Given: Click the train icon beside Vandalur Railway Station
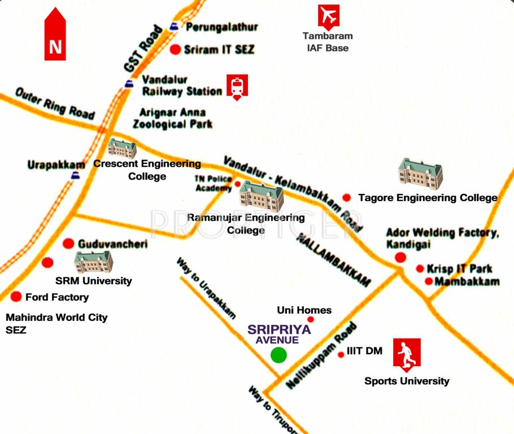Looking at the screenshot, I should (x=237, y=87).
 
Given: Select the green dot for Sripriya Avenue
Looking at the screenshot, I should (x=278, y=355).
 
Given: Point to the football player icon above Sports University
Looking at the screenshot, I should (x=406, y=355).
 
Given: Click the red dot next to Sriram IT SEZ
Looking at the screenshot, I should (x=175, y=50).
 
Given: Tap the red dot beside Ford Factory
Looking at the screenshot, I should (x=16, y=297).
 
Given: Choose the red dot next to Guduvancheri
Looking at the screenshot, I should (x=68, y=244).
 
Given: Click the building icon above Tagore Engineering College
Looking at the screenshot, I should (x=420, y=173).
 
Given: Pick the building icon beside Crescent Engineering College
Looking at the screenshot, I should (x=122, y=148).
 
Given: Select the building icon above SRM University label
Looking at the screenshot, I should (x=94, y=262).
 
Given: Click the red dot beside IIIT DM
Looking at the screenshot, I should (x=341, y=355).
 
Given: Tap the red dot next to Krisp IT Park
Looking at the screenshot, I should (x=420, y=269).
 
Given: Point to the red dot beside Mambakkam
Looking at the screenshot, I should (x=429, y=281).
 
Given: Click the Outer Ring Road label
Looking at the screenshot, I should (x=54, y=103).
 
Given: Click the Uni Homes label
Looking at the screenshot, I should (x=304, y=310).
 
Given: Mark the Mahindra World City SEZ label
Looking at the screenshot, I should (x=56, y=324).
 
